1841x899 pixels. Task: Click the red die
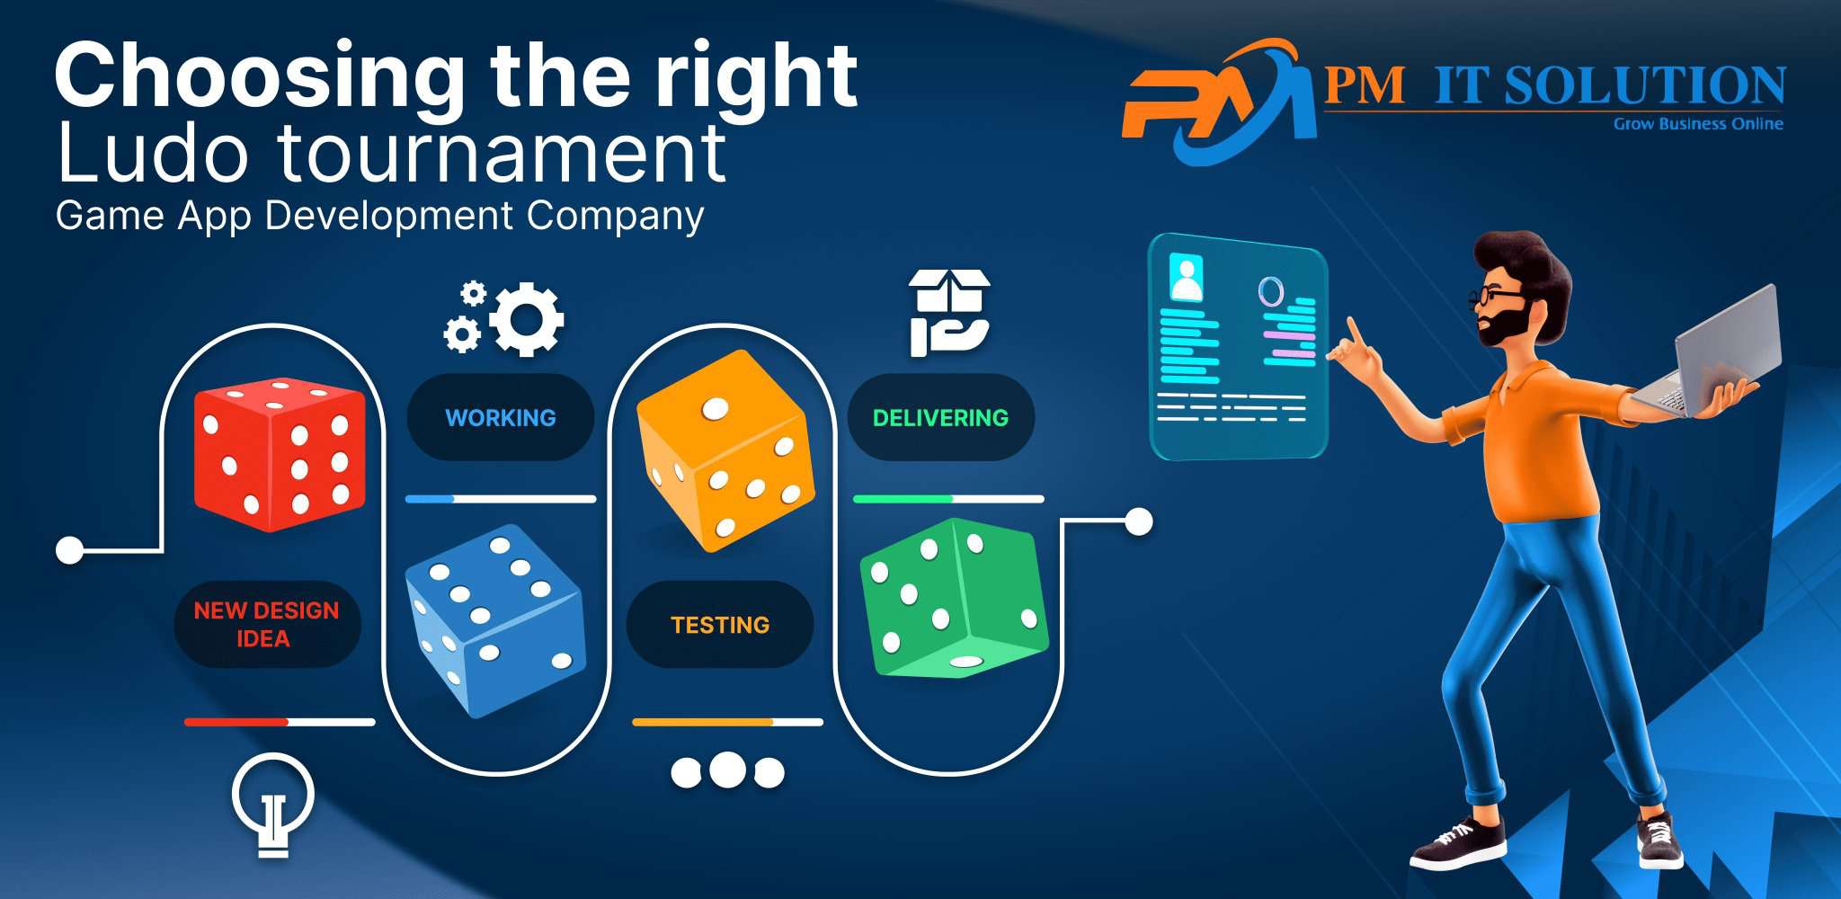[280, 454]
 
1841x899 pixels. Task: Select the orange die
[725, 449]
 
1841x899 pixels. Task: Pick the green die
[953, 598]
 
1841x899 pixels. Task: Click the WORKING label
[501, 418]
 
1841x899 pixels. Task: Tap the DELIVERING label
[940, 418]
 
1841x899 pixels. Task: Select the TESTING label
[720, 625]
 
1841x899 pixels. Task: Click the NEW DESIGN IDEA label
[267, 625]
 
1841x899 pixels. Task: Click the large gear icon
[526, 319]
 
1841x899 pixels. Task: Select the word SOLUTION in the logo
[1644, 86]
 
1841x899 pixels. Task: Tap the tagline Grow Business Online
[1698, 124]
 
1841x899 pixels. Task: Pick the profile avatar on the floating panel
[1187, 279]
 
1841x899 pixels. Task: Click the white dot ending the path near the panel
[1139, 521]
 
